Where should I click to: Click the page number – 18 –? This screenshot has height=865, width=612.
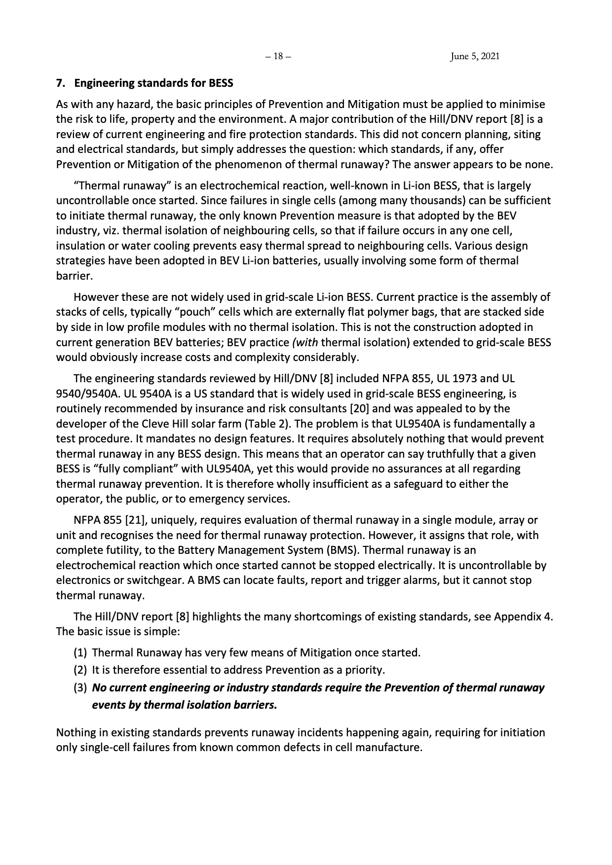tap(278, 56)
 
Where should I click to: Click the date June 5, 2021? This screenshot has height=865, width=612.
tap(475, 56)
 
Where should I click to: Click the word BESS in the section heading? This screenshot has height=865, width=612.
tap(221, 83)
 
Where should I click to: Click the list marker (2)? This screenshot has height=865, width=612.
tap(80, 670)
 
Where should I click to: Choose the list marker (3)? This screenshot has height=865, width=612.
tap(80, 687)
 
